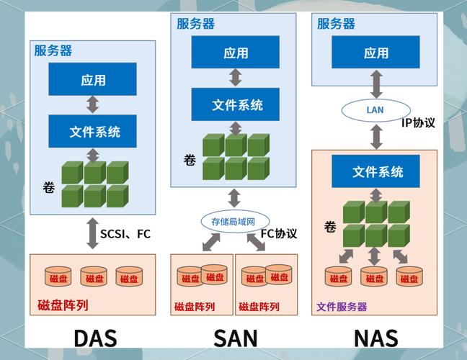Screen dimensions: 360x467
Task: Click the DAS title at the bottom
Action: tap(95, 338)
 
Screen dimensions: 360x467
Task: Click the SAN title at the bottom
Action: tap(235, 338)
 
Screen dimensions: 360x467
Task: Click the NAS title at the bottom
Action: tap(376, 338)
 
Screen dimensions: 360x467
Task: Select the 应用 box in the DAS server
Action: tap(92, 81)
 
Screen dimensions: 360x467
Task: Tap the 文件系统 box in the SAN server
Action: tap(236, 104)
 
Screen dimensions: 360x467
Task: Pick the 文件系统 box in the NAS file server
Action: tap(376, 172)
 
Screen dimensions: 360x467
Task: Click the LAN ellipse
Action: tap(375, 110)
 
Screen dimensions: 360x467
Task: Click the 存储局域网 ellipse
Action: tap(229, 221)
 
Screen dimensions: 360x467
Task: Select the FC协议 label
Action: tap(278, 233)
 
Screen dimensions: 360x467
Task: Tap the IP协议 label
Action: tap(418, 122)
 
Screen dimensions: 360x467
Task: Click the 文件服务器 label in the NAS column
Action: tap(342, 307)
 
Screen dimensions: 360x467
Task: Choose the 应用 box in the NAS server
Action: tap(376, 53)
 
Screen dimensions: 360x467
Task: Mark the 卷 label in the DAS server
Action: tap(48, 188)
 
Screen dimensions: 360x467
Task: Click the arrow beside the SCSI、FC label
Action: tap(92, 233)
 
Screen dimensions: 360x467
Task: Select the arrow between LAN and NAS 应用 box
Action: tap(376, 85)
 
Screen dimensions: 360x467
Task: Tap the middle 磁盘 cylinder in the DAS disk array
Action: tap(93, 278)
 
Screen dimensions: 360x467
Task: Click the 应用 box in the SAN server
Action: tap(236, 53)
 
